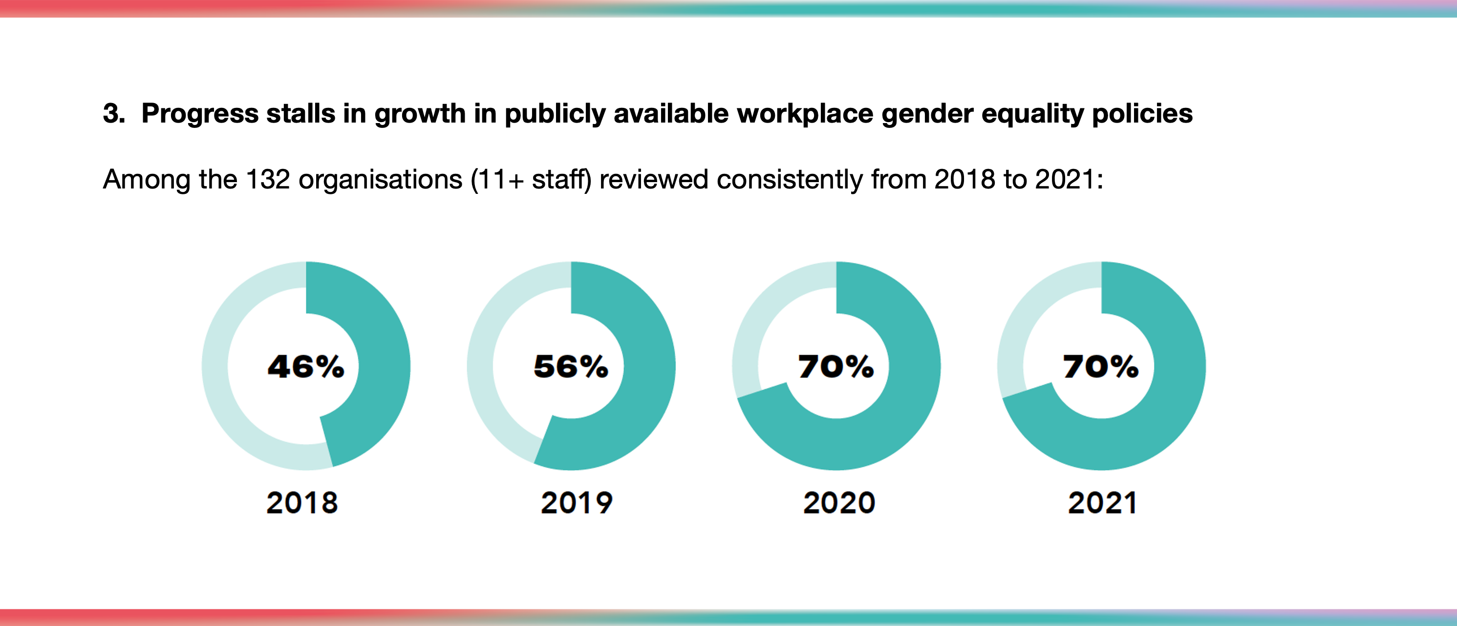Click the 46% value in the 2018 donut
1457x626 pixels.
[x=306, y=366]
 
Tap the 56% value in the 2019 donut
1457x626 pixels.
[x=571, y=366]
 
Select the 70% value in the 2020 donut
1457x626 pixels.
[x=836, y=366]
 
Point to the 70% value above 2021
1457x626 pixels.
[x=1101, y=366]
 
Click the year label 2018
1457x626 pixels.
[x=302, y=503]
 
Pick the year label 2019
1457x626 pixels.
[x=577, y=503]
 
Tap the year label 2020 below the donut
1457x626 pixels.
[x=839, y=503]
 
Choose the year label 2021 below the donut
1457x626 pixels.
[x=1102, y=503]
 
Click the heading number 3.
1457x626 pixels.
[x=114, y=114]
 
